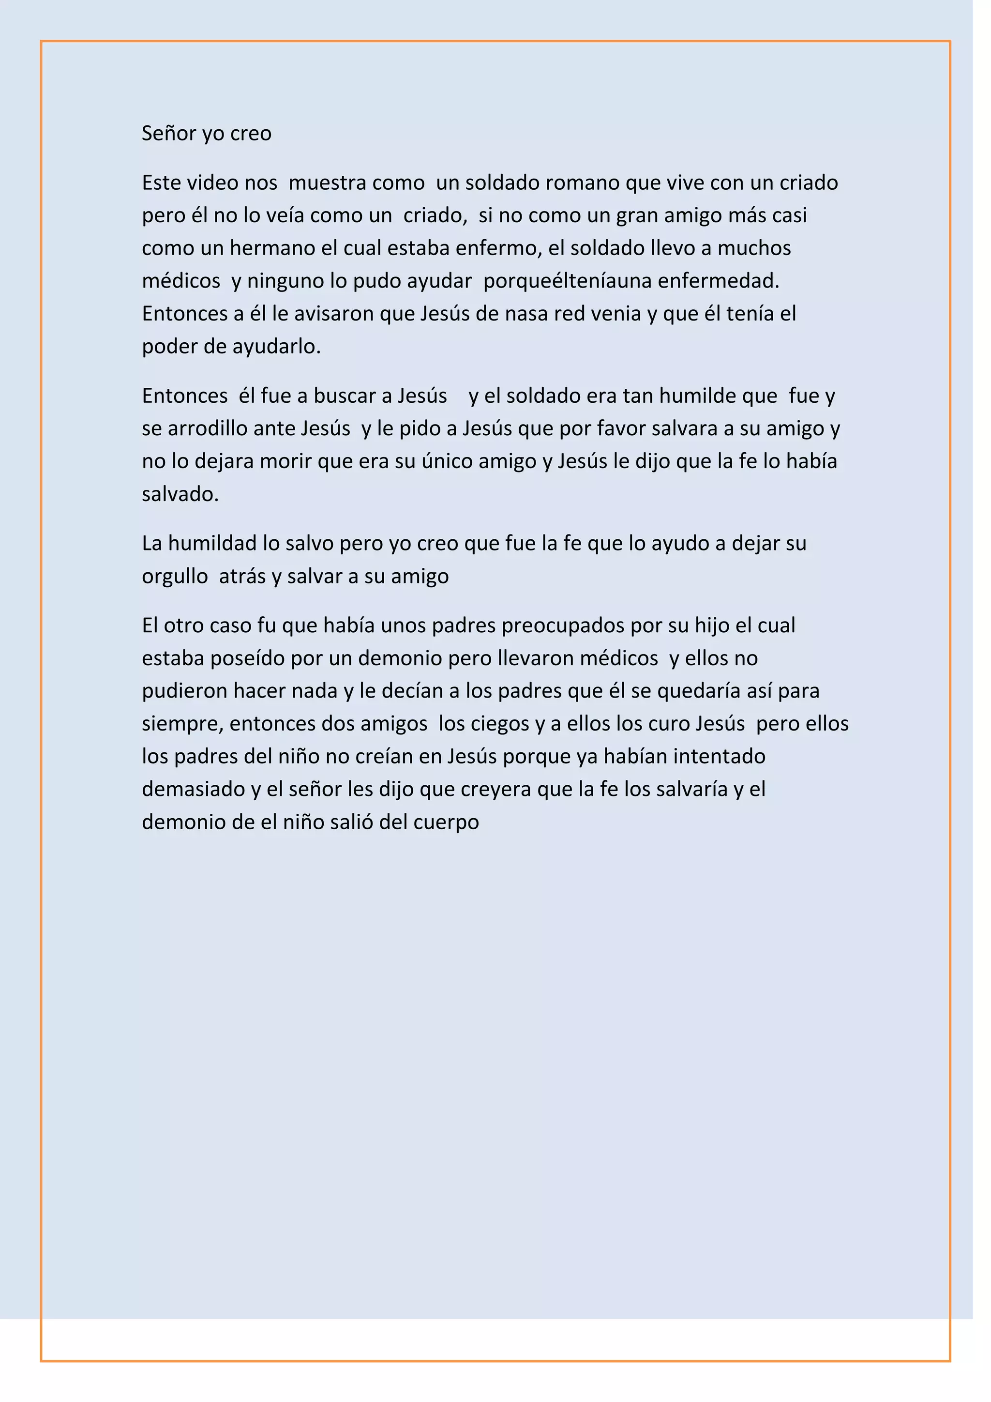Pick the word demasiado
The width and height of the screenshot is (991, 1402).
pos(194,789)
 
